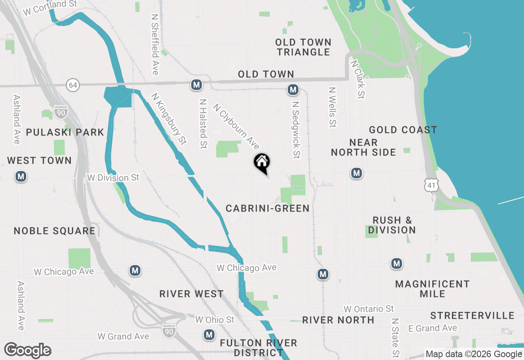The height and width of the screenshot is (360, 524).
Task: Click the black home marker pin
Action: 262,163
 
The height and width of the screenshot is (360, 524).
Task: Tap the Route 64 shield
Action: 72,85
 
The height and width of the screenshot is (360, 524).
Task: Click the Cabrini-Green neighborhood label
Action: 268,209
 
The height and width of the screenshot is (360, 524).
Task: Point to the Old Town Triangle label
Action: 303,47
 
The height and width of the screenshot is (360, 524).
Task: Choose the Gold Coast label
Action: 403,130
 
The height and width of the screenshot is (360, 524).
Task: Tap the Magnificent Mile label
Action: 432,289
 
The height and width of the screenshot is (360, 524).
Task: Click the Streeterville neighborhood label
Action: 472,315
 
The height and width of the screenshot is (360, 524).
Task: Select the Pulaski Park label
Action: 65,132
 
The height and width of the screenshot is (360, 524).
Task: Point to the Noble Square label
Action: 54,231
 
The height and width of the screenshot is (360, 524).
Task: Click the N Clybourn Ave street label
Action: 236,126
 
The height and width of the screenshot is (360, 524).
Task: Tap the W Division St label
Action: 113,178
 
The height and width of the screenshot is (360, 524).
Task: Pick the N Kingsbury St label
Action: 169,119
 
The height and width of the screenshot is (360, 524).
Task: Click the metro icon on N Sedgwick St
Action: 292,90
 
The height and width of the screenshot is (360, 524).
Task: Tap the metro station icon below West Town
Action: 21,177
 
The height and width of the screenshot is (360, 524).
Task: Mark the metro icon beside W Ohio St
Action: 209,335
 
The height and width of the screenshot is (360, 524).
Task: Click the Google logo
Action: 28,351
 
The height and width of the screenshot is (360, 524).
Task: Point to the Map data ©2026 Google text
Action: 474,354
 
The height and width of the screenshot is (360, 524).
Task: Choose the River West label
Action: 192,294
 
